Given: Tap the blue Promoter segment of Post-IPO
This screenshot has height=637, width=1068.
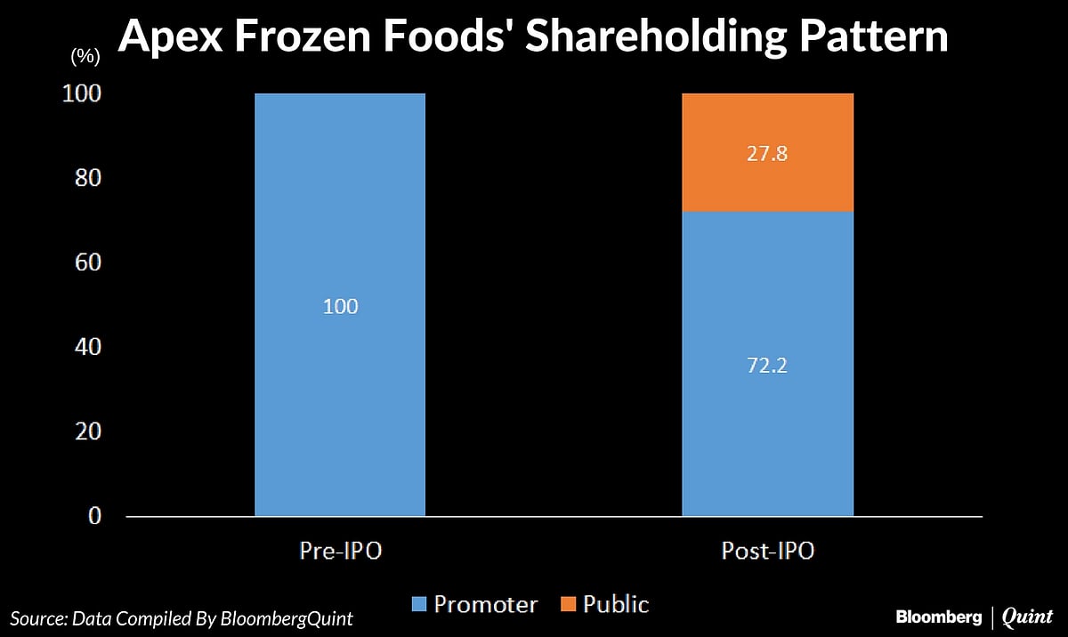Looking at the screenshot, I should [x=767, y=427].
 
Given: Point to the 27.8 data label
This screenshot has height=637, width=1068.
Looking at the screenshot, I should [x=767, y=154].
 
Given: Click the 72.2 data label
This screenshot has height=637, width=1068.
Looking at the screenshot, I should [x=767, y=365].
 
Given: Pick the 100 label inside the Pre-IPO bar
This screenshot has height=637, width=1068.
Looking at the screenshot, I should [x=340, y=307].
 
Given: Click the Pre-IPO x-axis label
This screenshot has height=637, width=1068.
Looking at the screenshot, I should [x=340, y=552].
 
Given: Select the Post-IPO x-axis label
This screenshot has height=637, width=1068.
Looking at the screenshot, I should [x=767, y=552].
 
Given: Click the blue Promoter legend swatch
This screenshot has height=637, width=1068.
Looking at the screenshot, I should [x=418, y=606].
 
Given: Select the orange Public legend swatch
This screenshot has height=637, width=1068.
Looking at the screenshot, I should [x=567, y=606].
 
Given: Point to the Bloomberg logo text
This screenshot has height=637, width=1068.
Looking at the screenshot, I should [x=938, y=617].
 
